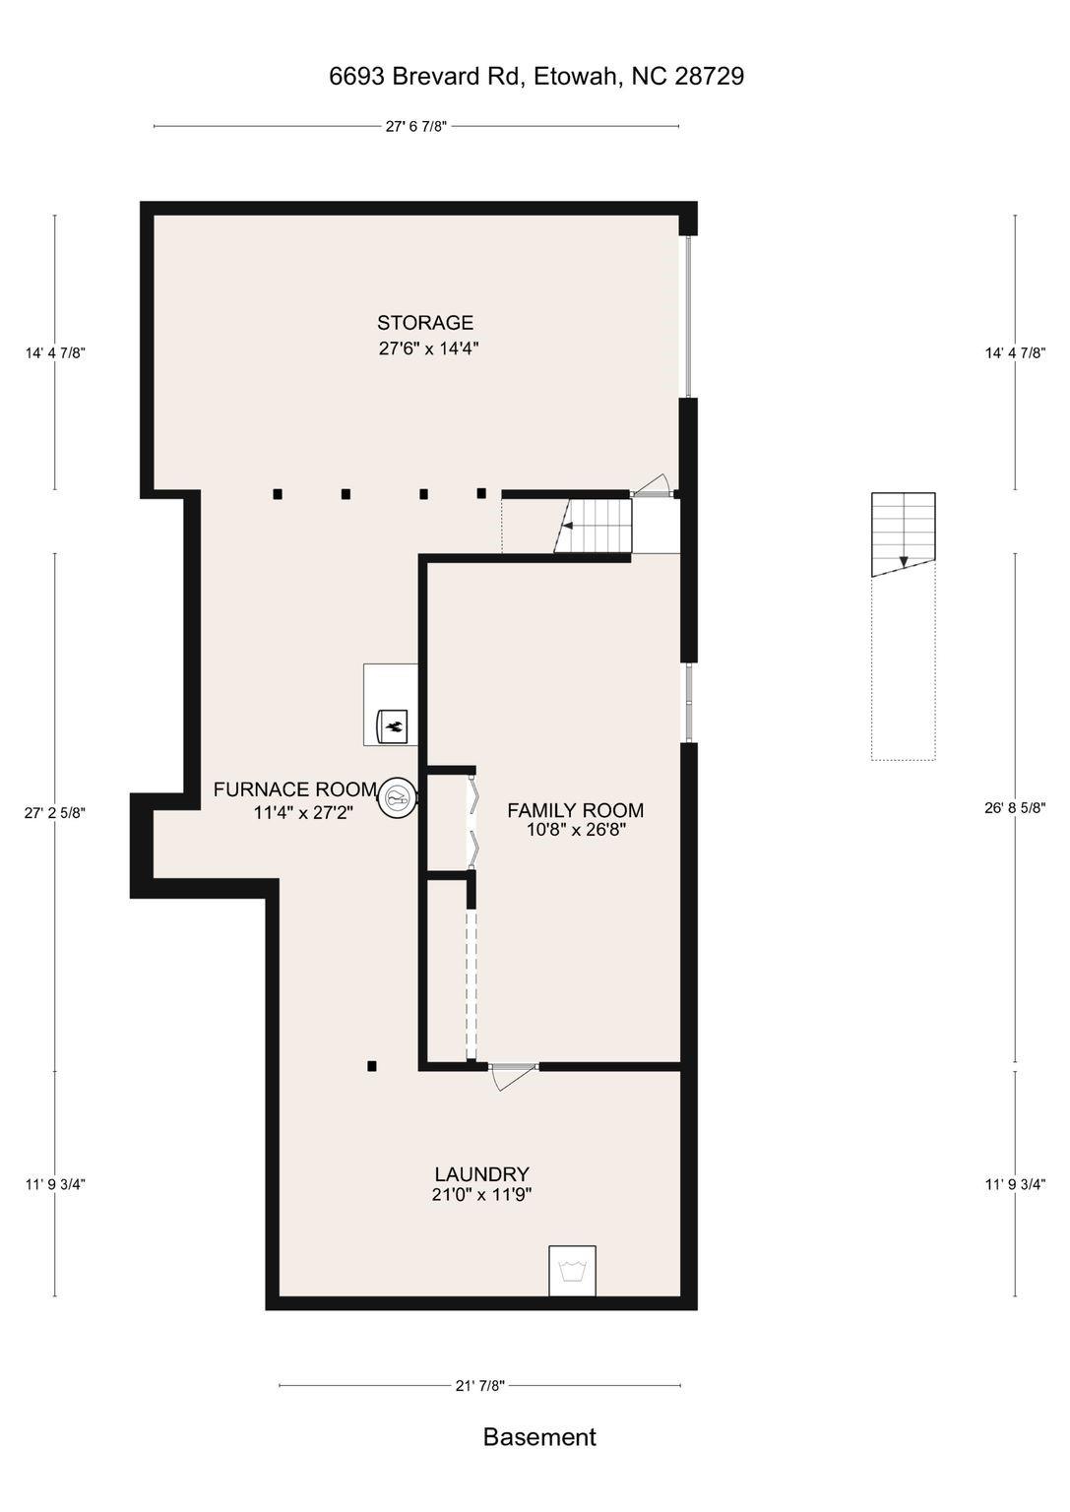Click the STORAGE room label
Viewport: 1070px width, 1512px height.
tap(424, 322)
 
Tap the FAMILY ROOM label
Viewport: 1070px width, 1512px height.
tap(575, 810)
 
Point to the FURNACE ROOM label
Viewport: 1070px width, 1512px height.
tap(295, 789)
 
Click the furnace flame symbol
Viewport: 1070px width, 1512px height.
tap(392, 726)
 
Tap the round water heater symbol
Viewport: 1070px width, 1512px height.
tap(397, 798)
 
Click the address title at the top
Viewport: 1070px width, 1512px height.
tap(536, 76)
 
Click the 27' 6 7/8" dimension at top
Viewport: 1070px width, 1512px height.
tap(416, 126)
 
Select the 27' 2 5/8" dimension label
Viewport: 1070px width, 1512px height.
tap(55, 813)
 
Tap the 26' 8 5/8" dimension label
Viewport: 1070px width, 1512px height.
tap(1015, 808)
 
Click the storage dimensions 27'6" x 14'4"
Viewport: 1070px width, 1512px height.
tap(428, 349)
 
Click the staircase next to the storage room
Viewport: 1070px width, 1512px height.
tap(593, 526)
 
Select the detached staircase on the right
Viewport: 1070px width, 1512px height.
tap(904, 534)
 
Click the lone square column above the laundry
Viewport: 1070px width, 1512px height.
tap(371, 1066)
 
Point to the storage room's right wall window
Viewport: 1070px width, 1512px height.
tap(688, 317)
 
